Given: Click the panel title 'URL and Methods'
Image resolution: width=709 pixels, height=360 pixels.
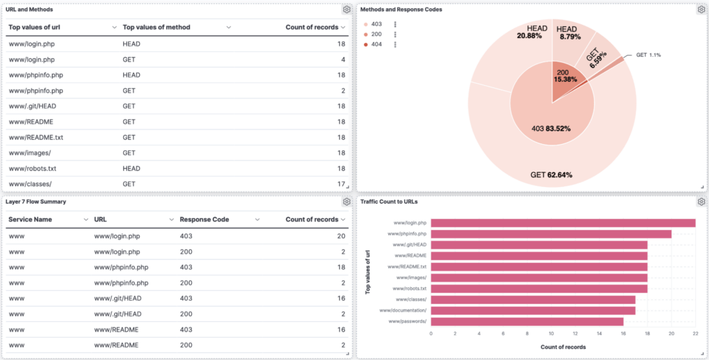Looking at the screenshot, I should (28, 9).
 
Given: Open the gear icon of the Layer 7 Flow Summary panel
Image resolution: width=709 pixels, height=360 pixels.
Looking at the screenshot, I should (346, 201).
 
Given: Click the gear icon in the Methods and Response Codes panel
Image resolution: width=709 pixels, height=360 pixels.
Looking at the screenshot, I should (700, 10).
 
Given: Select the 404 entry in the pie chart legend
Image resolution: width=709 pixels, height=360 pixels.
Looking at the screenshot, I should (376, 44).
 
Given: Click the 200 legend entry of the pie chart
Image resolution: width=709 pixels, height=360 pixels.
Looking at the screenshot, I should (376, 34).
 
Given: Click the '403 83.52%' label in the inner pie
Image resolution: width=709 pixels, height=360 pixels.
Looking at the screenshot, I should (552, 128).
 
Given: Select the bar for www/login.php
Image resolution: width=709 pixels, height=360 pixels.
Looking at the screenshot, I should (562, 223).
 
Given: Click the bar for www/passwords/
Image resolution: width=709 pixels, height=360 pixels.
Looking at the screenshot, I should (526, 321).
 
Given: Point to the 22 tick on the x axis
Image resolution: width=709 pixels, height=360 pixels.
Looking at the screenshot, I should (695, 333).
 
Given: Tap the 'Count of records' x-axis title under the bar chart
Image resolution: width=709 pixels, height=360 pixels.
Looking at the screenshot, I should (563, 347).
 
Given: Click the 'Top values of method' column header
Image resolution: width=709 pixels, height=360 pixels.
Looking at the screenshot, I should (156, 27).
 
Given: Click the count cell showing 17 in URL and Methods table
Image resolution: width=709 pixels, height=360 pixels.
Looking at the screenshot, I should (340, 184).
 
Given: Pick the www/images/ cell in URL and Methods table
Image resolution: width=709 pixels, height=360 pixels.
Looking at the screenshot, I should (30, 153).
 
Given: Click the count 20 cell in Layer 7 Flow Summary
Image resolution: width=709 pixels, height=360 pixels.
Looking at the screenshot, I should (341, 236).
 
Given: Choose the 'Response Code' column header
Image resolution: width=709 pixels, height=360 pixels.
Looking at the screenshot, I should (204, 219).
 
